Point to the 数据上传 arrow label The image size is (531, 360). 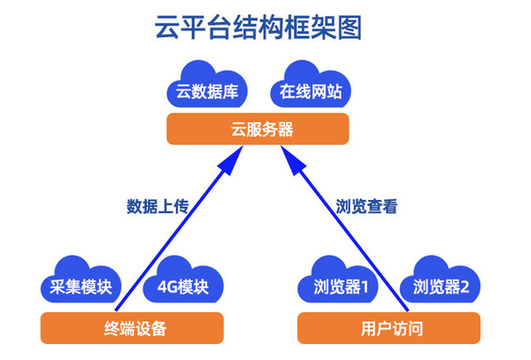point(158,207)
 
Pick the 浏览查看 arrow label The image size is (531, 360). point(366,207)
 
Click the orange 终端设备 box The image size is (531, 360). point(130,329)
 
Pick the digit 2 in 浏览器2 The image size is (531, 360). point(474,287)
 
